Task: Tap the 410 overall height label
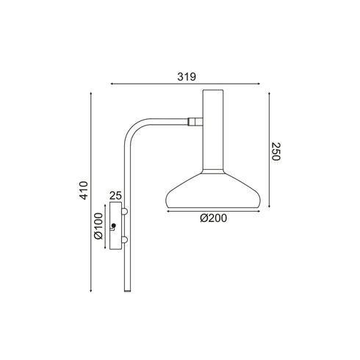coord(84,190)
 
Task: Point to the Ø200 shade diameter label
coord(213,219)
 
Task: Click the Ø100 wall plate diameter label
coord(97,228)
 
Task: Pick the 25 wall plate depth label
coord(115,195)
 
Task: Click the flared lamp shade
coord(213,192)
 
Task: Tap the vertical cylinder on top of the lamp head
coord(213,129)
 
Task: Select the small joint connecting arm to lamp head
coord(195,122)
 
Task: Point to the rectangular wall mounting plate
coord(115,227)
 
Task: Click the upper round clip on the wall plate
coord(124,212)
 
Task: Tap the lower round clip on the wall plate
coord(124,240)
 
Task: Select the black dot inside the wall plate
coord(113,226)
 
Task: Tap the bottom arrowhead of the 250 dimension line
coord(269,209)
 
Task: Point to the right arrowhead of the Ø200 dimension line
coord(258,212)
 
